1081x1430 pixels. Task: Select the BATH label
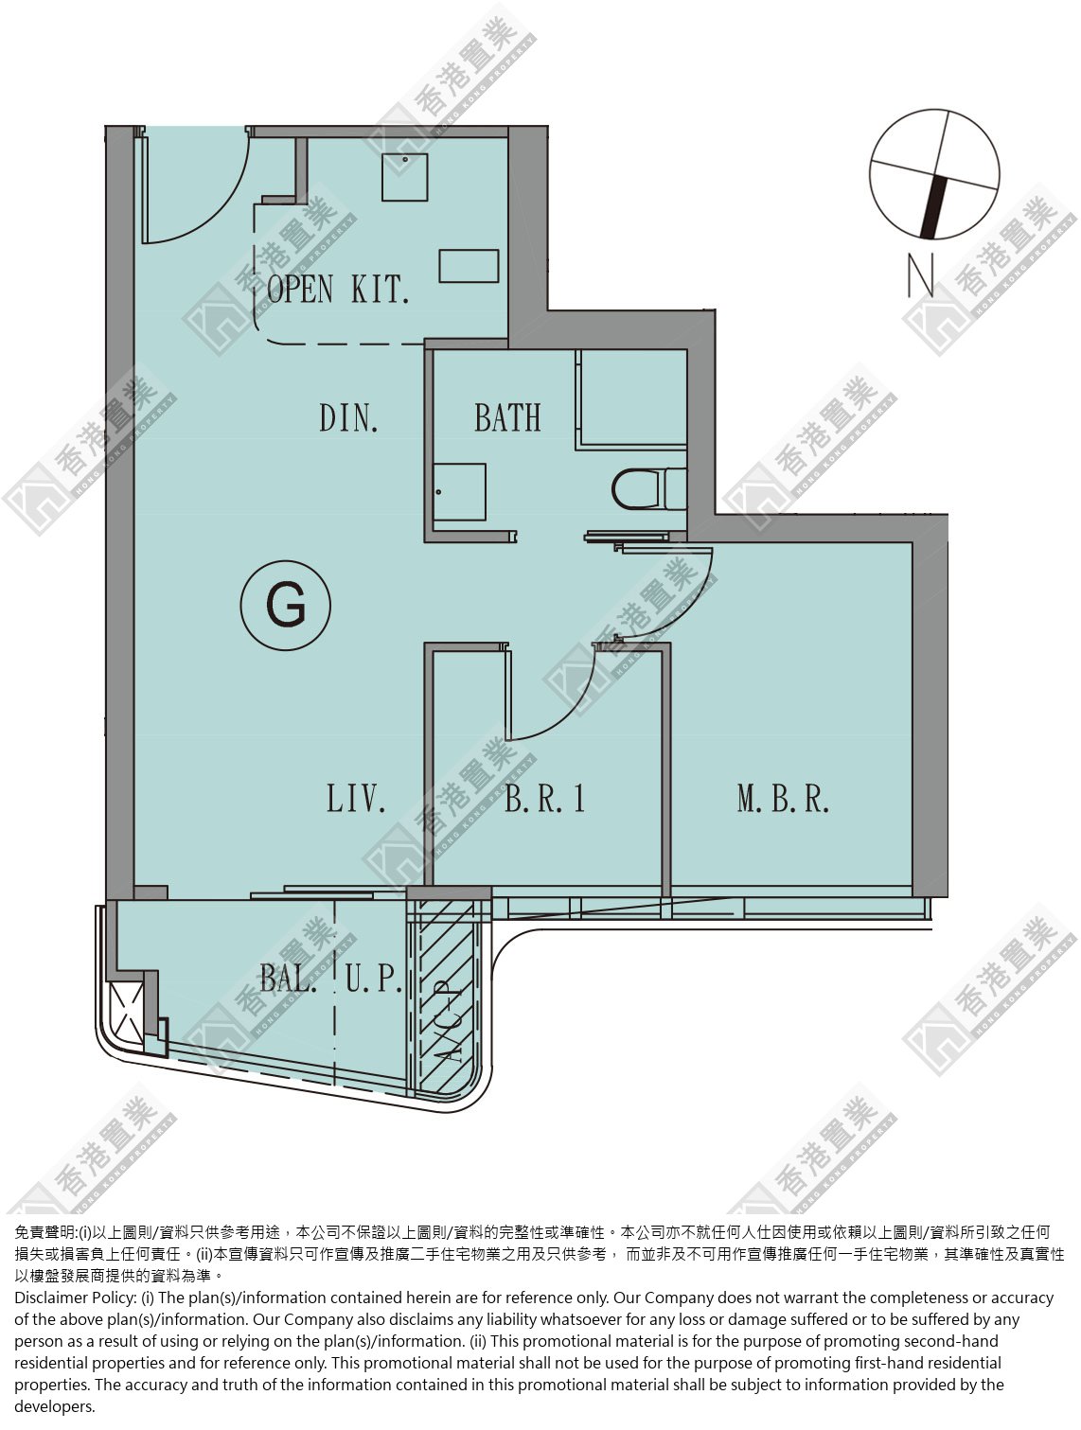click(x=507, y=417)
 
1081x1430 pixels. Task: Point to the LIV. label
click(x=356, y=799)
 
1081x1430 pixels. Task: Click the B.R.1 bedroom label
click(x=544, y=799)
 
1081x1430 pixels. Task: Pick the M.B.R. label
click(x=783, y=799)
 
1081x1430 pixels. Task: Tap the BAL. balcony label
click(x=286, y=979)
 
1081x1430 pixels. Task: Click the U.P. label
click(x=374, y=979)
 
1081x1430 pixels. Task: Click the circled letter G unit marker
click(x=286, y=606)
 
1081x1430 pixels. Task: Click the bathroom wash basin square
click(x=459, y=492)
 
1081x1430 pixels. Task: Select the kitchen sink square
click(x=404, y=177)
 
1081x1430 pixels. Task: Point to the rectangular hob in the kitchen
click(x=469, y=266)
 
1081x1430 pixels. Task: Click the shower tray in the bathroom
click(x=631, y=399)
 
